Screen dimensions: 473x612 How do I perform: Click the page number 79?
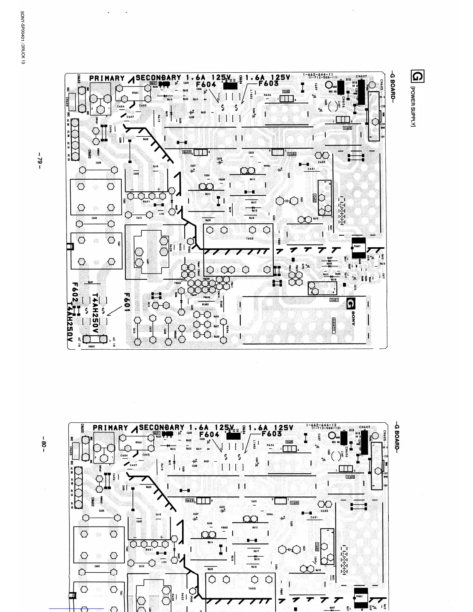click(39, 160)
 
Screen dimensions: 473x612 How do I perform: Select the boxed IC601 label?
click(334, 300)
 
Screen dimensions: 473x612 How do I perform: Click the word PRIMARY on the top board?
click(107, 78)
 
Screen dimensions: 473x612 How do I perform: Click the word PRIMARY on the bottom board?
click(110, 428)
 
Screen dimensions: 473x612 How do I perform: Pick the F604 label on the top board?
click(206, 84)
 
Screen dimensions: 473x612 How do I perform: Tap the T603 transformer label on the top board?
click(250, 238)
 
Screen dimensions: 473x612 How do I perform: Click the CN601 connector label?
click(92, 347)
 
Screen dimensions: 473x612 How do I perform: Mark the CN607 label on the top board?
click(361, 76)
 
